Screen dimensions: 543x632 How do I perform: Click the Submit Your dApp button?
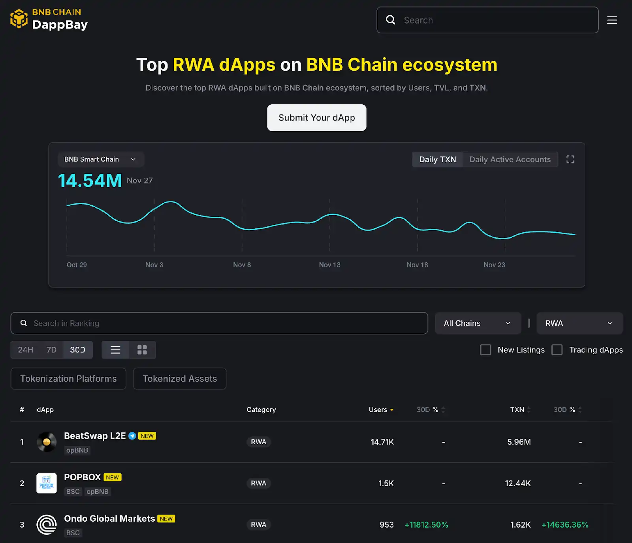point(316,118)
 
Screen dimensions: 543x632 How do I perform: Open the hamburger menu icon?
point(612,20)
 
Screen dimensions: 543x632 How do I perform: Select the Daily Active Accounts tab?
point(510,160)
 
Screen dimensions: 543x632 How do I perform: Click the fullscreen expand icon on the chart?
point(570,160)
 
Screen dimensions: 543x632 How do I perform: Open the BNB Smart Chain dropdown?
point(100,160)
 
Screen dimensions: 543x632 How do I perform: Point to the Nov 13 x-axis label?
point(329,265)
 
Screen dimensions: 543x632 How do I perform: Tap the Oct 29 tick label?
point(77,265)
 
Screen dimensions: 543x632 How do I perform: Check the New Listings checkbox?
point(485,350)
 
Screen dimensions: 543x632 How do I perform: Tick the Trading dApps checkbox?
point(557,350)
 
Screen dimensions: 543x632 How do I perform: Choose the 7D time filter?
point(51,350)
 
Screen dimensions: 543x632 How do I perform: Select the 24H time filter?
point(26,350)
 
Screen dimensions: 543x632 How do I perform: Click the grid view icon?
point(142,350)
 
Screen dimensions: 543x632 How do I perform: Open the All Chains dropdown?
point(477,323)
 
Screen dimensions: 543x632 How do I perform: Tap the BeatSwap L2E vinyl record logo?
point(47,442)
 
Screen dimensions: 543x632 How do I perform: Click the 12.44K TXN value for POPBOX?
point(517,483)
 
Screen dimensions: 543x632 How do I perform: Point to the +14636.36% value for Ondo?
point(565,525)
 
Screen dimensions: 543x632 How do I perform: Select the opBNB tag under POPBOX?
point(97,492)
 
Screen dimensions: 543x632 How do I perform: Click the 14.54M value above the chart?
point(90,181)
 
